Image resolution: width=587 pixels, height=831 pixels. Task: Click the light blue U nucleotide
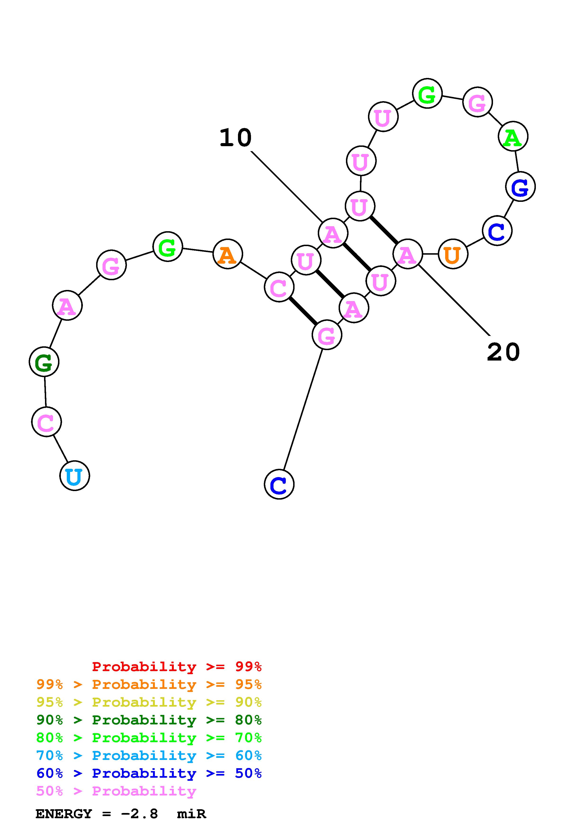[x=75, y=476]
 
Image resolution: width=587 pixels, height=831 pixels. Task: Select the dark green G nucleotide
[x=44, y=361]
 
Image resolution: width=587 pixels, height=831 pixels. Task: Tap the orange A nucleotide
[x=228, y=254]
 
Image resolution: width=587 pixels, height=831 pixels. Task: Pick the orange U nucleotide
[x=453, y=254]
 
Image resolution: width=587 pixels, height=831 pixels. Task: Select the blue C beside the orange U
[x=497, y=230]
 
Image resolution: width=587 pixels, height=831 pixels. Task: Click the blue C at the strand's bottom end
[x=279, y=484]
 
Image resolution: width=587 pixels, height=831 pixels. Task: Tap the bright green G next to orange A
[x=167, y=247]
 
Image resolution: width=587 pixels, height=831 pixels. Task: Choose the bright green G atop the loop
[x=427, y=93]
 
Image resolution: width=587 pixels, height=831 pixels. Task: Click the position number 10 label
[x=235, y=138]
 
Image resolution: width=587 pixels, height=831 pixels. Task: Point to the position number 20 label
[x=503, y=352]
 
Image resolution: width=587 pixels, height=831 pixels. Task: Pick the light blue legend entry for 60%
[x=149, y=756]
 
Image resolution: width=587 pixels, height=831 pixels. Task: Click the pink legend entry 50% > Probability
[x=116, y=791]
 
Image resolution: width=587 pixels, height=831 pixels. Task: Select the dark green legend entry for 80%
[x=149, y=720]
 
